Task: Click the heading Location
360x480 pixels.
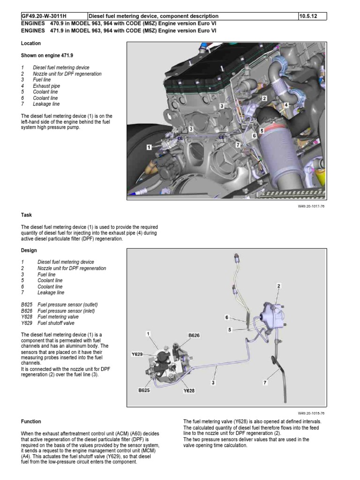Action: click(x=31, y=44)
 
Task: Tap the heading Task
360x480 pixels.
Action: click(x=26, y=215)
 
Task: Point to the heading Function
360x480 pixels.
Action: click(x=31, y=421)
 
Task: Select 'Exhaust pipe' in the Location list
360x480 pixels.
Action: click(x=46, y=86)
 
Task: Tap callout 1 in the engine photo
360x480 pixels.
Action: click(x=149, y=147)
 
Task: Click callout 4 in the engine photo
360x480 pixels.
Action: click(x=285, y=105)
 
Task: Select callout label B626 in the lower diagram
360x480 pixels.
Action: click(x=194, y=335)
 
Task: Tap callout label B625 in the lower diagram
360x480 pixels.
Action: click(x=143, y=390)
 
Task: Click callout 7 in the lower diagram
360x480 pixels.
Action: click(x=265, y=382)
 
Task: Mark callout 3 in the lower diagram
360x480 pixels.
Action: click(x=213, y=382)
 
